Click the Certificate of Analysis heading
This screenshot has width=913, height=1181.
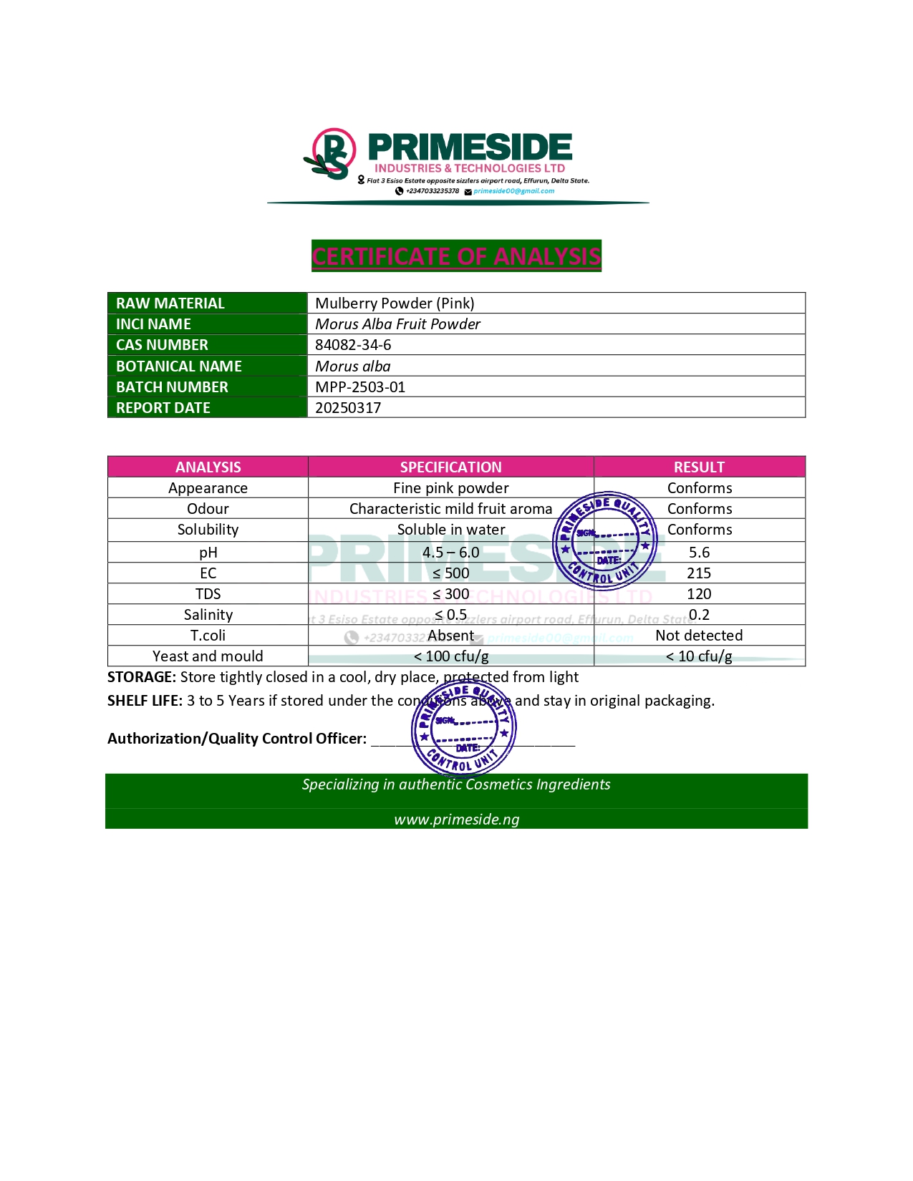click(x=456, y=256)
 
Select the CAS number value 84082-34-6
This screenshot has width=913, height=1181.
click(x=353, y=345)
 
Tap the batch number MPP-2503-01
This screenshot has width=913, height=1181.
click(x=360, y=387)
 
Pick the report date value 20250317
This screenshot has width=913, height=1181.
click(x=348, y=408)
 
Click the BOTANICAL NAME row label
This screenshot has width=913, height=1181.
click(x=179, y=366)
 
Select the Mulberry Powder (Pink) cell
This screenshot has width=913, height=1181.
click(x=395, y=303)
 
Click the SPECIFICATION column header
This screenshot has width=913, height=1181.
click(x=450, y=467)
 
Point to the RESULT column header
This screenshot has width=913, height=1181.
click(x=699, y=467)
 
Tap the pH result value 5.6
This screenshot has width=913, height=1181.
click(x=699, y=553)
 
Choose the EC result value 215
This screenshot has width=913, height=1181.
click(x=699, y=573)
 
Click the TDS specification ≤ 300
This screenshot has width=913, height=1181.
click(x=450, y=594)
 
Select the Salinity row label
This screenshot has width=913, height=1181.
click(x=208, y=615)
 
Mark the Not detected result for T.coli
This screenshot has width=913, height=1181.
click(x=699, y=636)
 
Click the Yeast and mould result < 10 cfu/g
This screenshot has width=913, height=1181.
click(x=699, y=656)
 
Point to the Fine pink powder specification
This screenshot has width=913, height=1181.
click(x=450, y=488)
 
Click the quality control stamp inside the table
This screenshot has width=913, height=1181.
click(x=605, y=540)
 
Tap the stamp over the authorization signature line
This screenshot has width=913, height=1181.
click(x=464, y=729)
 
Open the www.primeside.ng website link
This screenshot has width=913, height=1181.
click(x=456, y=820)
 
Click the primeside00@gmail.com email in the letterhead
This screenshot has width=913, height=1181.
click(x=513, y=191)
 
